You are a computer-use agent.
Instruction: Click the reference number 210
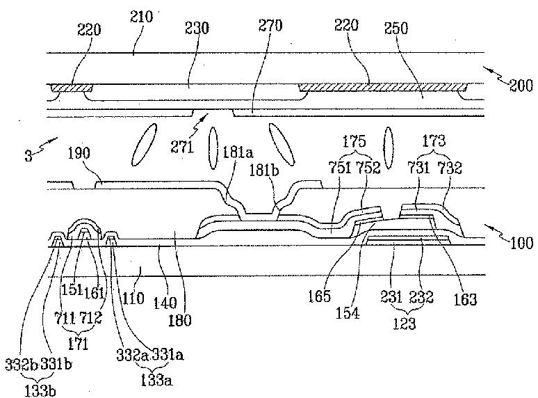tap(141, 17)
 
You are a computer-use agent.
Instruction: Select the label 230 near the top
tap(197, 27)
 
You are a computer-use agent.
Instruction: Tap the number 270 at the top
tap(270, 26)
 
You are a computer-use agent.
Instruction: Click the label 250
tap(396, 28)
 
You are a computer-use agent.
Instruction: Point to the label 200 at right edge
tap(521, 85)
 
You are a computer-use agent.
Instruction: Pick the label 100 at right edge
tap(521, 243)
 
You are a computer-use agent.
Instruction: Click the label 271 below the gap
tap(182, 147)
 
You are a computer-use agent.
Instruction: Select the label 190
tap(79, 153)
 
